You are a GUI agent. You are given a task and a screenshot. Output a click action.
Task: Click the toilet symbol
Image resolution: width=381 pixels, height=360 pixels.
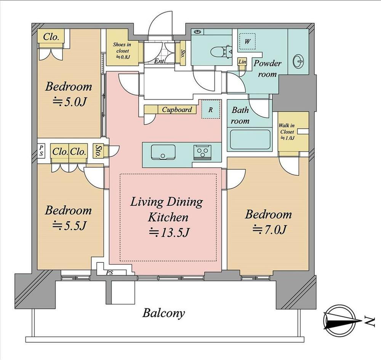click(x=221, y=52)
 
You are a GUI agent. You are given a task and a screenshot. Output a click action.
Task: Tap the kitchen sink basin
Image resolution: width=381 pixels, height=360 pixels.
click(x=163, y=152)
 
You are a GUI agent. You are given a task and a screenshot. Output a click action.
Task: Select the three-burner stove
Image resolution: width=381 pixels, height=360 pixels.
click(x=203, y=153)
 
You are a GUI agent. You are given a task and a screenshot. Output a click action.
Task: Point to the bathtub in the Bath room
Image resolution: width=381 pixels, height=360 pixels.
click(x=250, y=140)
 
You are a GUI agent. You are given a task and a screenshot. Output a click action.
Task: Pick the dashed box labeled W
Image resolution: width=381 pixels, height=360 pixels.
click(x=247, y=41)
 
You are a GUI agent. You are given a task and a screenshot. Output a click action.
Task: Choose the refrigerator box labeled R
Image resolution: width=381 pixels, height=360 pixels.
click(x=210, y=109)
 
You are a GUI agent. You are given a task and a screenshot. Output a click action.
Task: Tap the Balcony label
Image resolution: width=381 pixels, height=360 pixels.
click(x=163, y=313)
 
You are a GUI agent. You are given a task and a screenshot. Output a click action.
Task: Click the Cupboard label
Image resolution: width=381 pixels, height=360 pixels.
click(x=177, y=109)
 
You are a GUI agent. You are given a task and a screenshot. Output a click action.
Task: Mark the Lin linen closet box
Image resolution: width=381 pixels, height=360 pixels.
click(x=242, y=62)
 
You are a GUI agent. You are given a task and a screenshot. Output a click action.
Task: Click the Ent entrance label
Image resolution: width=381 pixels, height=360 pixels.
click(x=159, y=61)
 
